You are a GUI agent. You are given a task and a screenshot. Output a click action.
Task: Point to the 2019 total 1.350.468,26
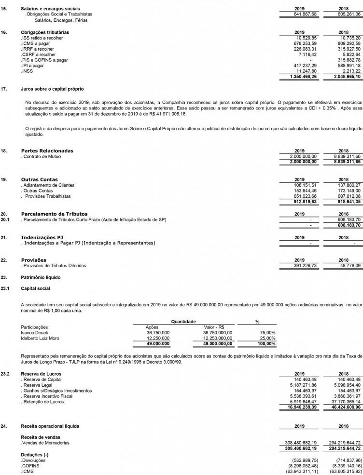point(304,77)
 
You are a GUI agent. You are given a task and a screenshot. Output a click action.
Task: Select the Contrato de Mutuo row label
point(41,157)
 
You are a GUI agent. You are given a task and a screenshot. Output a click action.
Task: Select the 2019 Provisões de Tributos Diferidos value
point(306,266)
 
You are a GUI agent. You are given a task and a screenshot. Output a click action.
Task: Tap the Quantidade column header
point(181,321)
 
